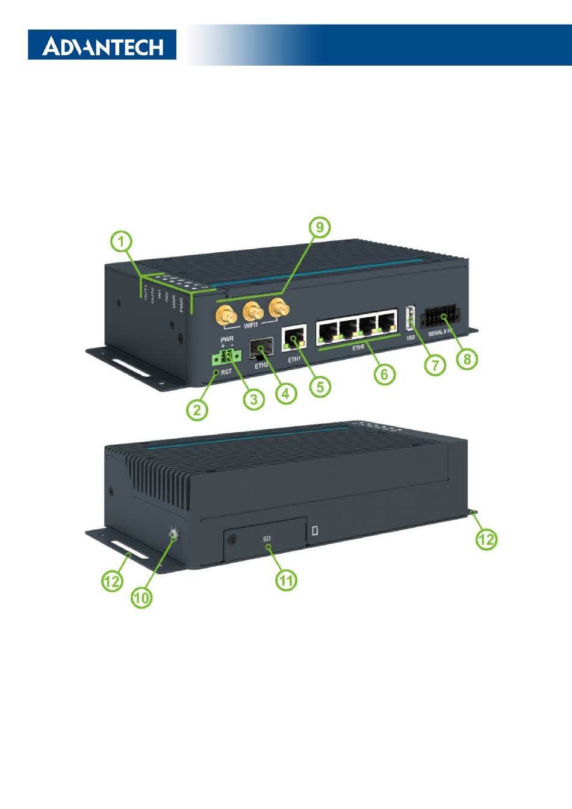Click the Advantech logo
[102, 46]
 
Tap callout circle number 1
[122, 244]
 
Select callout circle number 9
[320, 228]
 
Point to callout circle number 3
[254, 399]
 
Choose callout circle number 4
[286, 394]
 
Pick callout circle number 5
[320, 386]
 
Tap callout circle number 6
[385, 374]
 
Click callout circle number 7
[435, 365]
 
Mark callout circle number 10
[142, 597]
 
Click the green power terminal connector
[225, 358]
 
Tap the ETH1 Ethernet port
[294, 338]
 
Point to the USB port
[411, 318]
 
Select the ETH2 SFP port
[261, 349]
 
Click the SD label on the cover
[267, 538]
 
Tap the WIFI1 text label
[253, 326]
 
